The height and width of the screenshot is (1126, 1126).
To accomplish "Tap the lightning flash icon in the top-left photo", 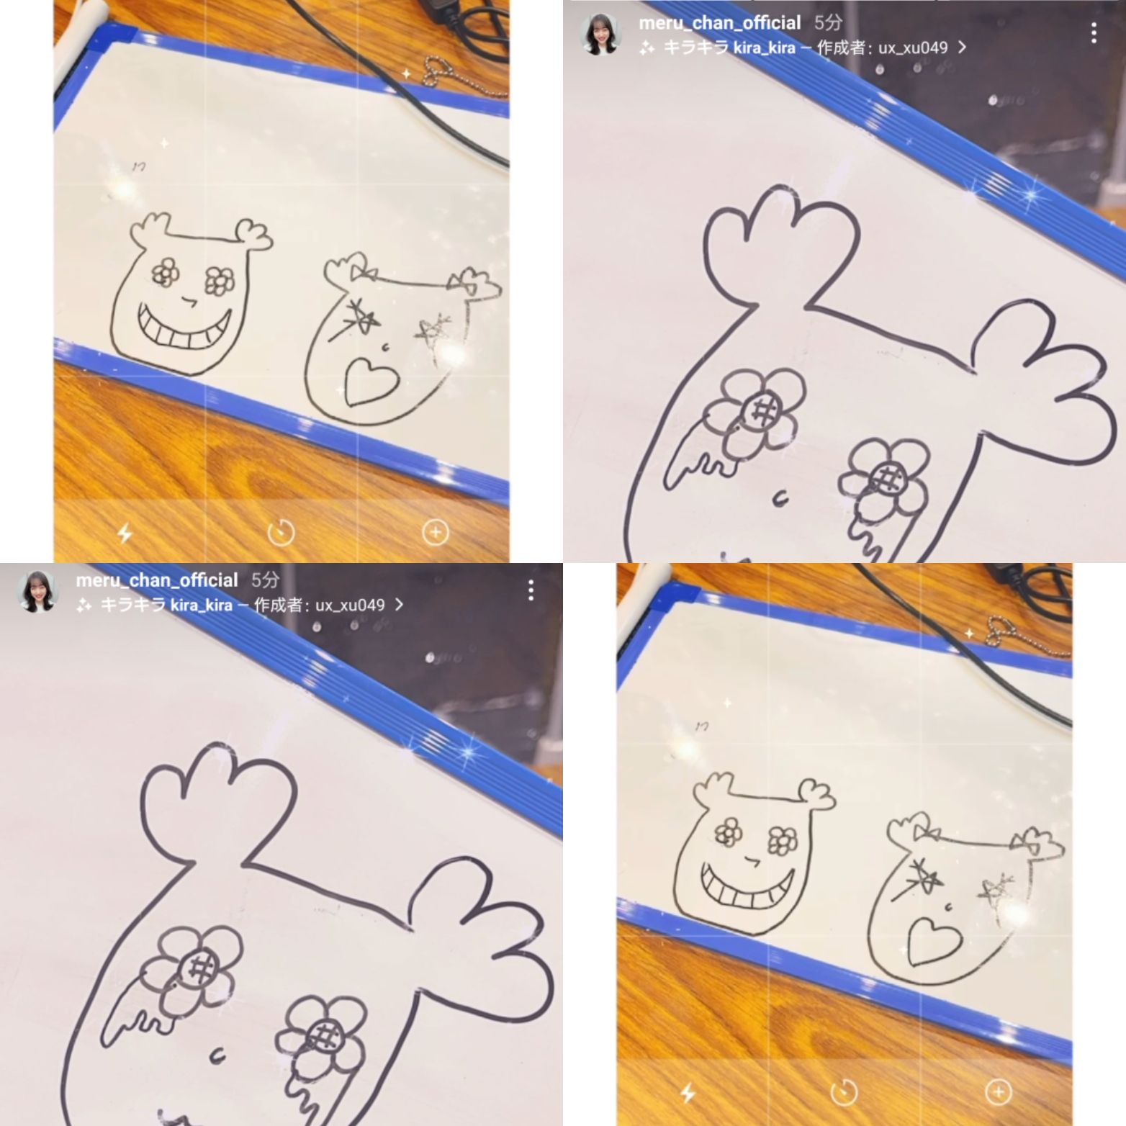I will point(125,533).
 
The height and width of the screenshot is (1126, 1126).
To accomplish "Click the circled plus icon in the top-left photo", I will point(435,532).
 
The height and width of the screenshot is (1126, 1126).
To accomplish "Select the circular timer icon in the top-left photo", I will point(281,533).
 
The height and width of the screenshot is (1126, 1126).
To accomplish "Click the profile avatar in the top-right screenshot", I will point(600,34).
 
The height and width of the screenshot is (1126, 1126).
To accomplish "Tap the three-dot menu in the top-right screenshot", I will point(1093,32).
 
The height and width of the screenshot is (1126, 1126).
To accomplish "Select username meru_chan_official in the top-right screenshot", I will point(719,23).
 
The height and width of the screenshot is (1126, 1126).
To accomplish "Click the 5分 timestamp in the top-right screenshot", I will point(828,23).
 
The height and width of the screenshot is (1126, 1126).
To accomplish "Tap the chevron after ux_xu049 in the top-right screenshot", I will point(962,48).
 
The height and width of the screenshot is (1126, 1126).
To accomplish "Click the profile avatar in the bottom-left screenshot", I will point(37,591).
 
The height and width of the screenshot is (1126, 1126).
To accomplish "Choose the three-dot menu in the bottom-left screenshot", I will point(531,590).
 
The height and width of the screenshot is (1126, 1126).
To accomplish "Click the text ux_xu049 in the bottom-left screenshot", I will point(350,605).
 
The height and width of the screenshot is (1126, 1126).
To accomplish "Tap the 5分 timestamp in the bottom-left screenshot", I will point(265,580).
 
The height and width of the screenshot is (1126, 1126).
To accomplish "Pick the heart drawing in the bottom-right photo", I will point(934,942).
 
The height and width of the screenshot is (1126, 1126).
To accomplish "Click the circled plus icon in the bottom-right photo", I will point(998,1092).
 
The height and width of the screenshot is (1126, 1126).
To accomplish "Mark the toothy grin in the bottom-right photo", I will point(747,886).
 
